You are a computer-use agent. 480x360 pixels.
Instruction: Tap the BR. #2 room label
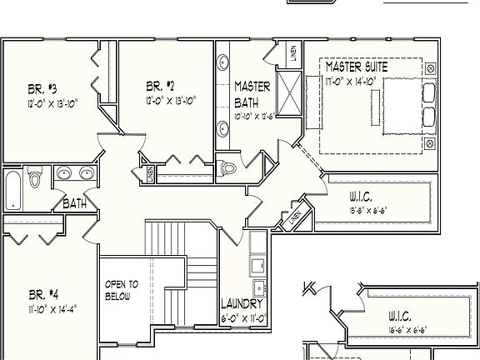[x=160, y=85]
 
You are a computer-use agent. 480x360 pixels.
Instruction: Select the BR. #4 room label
[x=43, y=294]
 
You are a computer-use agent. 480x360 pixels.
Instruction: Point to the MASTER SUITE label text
[x=362, y=66]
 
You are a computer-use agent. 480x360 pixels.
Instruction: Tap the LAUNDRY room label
[x=243, y=304]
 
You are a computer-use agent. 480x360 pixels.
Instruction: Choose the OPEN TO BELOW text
[x=122, y=291]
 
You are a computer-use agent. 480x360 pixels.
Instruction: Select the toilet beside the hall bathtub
[x=35, y=178]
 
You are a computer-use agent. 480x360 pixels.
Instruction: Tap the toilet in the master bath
[x=230, y=169]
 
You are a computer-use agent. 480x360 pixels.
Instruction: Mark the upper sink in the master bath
[x=224, y=63]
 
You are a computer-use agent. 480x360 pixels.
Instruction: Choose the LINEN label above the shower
[x=293, y=53]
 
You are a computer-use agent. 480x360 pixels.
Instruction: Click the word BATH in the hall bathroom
[x=74, y=202]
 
